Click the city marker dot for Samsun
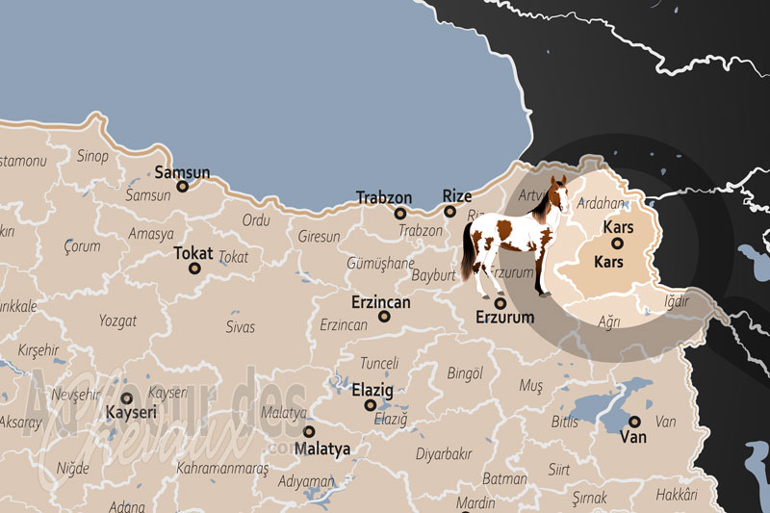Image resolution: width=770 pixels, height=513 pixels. [181, 186]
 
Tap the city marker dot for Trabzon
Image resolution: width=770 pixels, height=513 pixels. [400, 213]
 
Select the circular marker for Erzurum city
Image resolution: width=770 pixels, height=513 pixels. [500, 303]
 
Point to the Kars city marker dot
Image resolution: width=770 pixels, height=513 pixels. [617, 244]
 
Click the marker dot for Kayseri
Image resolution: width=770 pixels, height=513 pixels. [126, 398]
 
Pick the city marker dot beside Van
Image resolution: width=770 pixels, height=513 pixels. [634, 422]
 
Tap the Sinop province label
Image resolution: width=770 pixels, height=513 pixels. [92, 155]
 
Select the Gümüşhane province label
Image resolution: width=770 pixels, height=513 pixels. [381, 263]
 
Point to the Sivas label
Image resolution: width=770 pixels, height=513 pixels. [240, 327]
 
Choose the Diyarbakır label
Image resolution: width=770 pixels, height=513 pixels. [444, 453]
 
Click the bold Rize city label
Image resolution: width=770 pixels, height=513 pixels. [457, 195]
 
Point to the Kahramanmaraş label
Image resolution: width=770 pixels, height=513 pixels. [222, 468]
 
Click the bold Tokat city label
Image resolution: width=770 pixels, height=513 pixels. [193, 253]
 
